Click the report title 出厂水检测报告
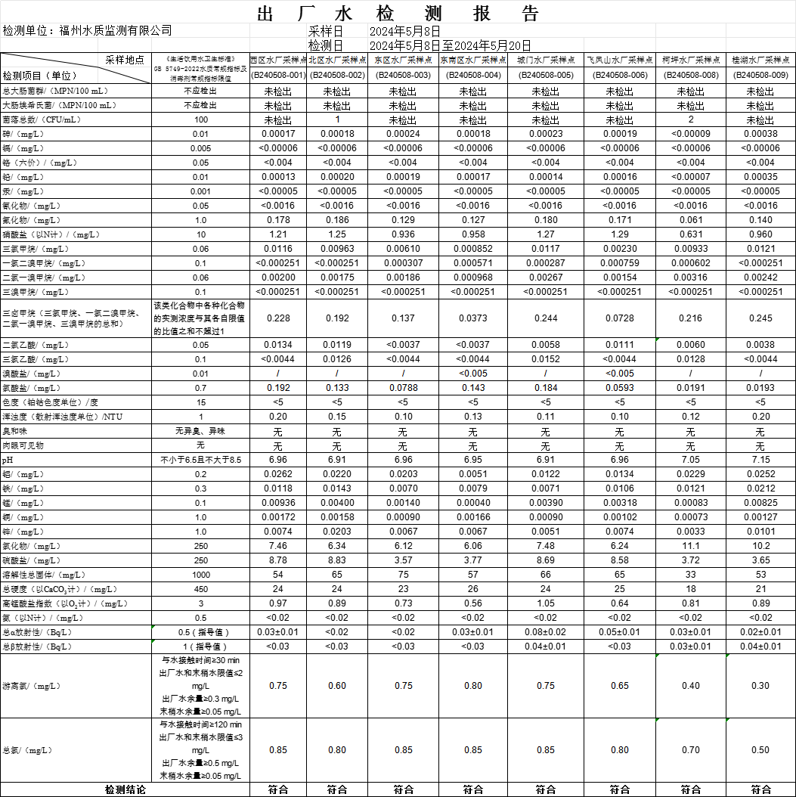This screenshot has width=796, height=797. [x=398, y=14]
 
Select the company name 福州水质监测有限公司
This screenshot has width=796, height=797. [x=115, y=31]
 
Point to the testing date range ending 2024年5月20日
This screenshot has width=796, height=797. [x=451, y=45]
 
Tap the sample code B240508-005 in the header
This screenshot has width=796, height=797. [x=545, y=75]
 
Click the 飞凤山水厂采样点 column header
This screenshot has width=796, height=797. [x=619, y=60]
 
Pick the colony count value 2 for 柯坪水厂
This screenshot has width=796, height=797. [x=690, y=119]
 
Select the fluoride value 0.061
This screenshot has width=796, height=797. [x=690, y=220]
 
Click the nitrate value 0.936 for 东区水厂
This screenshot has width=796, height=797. [x=402, y=234]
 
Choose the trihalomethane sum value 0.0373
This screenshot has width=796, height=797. [x=472, y=319]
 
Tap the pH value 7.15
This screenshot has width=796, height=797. [x=760, y=460]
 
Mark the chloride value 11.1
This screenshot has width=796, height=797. [x=690, y=546]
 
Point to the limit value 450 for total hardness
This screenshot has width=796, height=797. [x=201, y=589]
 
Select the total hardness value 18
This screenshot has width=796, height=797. [x=690, y=589]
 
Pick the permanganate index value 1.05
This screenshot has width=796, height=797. [x=545, y=603]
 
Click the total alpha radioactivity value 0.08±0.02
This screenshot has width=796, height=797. [x=545, y=632]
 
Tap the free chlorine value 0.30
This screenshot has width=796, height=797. [x=760, y=686]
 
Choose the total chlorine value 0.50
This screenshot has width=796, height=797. [x=760, y=750]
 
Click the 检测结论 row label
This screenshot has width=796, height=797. [x=125, y=789]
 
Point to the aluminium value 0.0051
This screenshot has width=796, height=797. [x=472, y=474]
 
